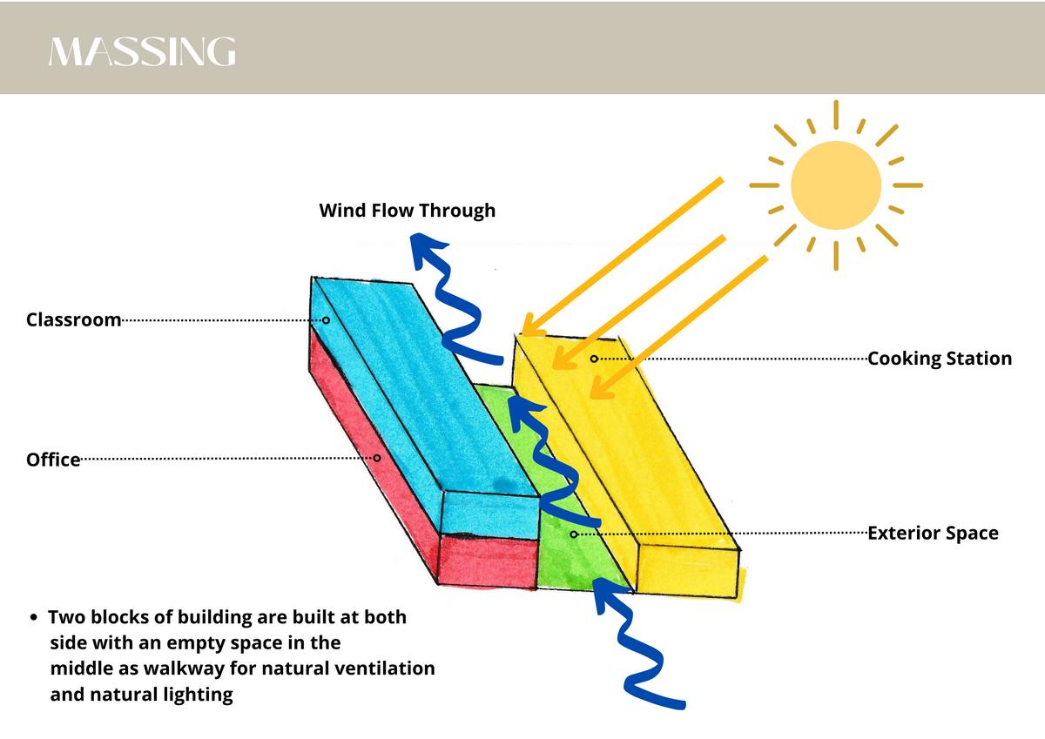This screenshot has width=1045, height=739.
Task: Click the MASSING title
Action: coord(142,52)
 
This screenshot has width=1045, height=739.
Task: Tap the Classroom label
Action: coord(73,319)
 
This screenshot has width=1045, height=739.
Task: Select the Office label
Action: coord(53,459)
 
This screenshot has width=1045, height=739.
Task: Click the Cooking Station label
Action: coord(940,359)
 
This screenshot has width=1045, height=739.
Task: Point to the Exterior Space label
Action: coord(933,533)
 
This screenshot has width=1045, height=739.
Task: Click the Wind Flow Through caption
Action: coord(407,210)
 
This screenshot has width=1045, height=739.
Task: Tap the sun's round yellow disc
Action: coord(835,185)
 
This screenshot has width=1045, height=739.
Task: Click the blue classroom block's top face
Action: coord(409,383)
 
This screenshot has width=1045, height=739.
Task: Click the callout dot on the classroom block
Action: coord(326,320)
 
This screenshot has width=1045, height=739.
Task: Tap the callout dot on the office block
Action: coord(377,458)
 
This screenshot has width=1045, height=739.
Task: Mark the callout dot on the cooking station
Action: coord(594,359)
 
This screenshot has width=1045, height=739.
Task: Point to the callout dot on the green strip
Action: coord(573,534)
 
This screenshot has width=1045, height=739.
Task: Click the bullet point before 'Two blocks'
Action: coord(33,618)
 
